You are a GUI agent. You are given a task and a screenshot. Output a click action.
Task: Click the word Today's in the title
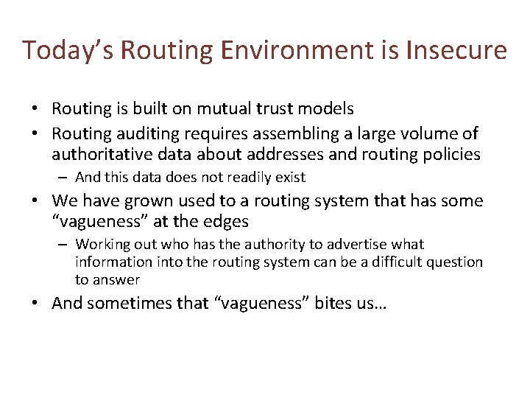tap(67, 50)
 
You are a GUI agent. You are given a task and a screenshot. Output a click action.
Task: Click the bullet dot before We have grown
tap(35, 200)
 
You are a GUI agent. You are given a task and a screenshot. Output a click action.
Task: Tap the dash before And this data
tap(64, 177)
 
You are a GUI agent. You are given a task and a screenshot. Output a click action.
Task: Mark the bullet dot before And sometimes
tap(35, 303)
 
